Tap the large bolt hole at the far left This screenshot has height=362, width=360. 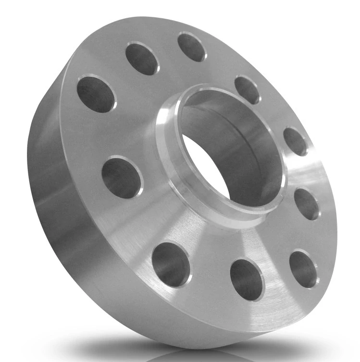click(x=97, y=93)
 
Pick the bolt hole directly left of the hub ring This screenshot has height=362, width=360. click(x=122, y=176)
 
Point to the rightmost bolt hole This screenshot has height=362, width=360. click(x=307, y=204)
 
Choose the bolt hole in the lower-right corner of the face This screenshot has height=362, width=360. click(x=303, y=269)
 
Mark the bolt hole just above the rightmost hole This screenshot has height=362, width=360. click(x=295, y=141)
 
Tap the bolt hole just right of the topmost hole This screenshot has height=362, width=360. click(x=247, y=90)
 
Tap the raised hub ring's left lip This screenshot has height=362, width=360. click(x=166, y=144)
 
